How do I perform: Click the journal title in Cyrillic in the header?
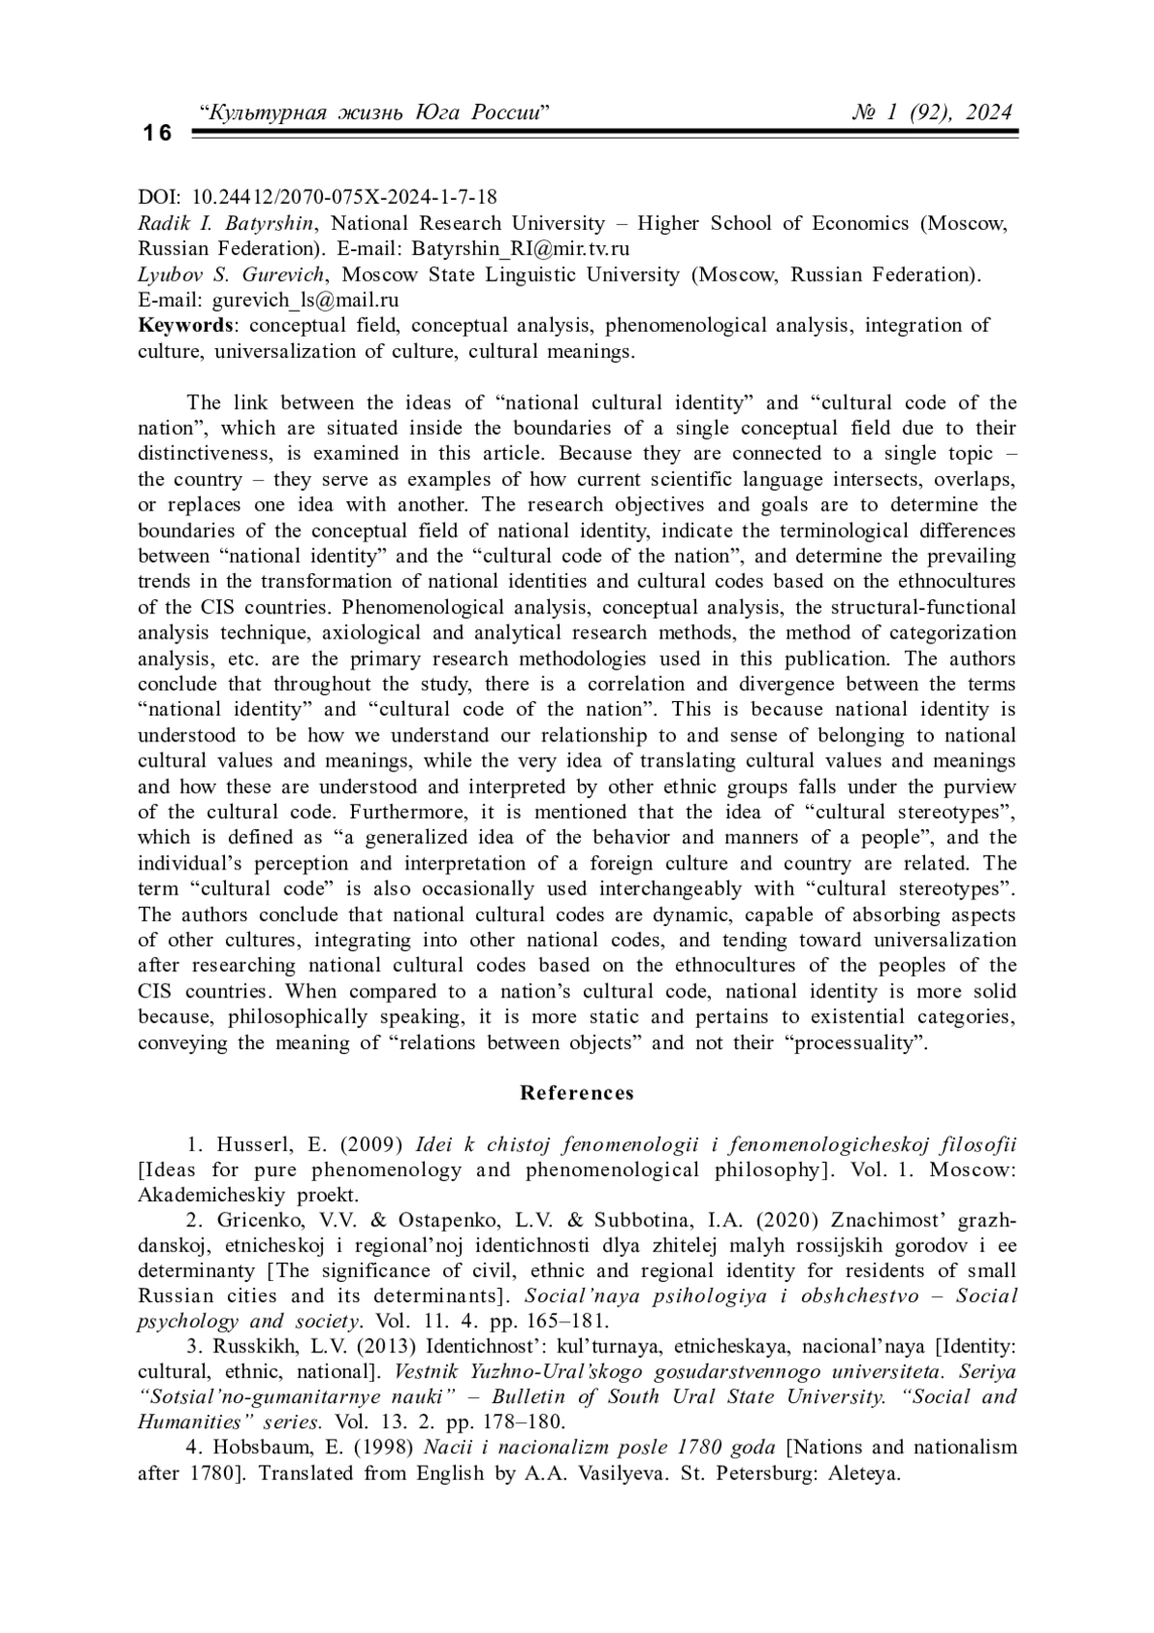373,113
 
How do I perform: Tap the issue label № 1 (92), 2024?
932,113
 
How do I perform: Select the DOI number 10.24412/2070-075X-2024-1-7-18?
345,197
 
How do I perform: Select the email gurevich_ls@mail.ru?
306,299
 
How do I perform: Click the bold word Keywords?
186,325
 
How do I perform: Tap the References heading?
577,1093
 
